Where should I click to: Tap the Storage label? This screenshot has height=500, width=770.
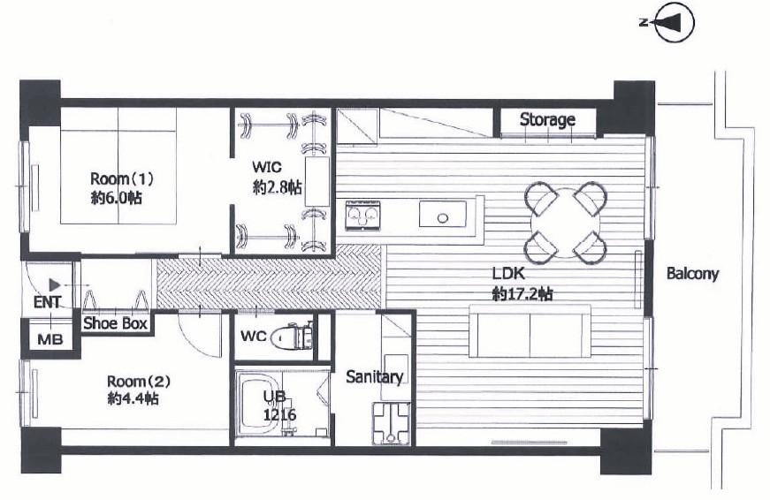click(547, 119)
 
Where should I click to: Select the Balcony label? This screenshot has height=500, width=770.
click(692, 273)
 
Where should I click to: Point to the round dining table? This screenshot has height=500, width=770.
click(566, 223)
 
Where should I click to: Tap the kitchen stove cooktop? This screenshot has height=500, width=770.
click(363, 216)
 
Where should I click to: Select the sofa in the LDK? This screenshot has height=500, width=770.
click(530, 330)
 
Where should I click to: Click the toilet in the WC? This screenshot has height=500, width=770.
click(294, 336)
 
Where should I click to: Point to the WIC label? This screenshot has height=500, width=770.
click(267, 167)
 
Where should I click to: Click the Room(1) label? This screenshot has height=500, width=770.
click(122, 178)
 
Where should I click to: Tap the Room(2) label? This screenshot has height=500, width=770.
click(139, 382)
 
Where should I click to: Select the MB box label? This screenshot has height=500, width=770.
click(50, 339)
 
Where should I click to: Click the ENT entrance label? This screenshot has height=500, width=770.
click(47, 302)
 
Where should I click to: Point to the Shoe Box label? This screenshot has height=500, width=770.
click(116, 323)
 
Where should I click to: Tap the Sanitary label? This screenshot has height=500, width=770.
click(374, 377)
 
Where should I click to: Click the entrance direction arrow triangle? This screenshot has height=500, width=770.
click(55, 285)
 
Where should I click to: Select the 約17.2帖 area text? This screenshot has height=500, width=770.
click(522, 294)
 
